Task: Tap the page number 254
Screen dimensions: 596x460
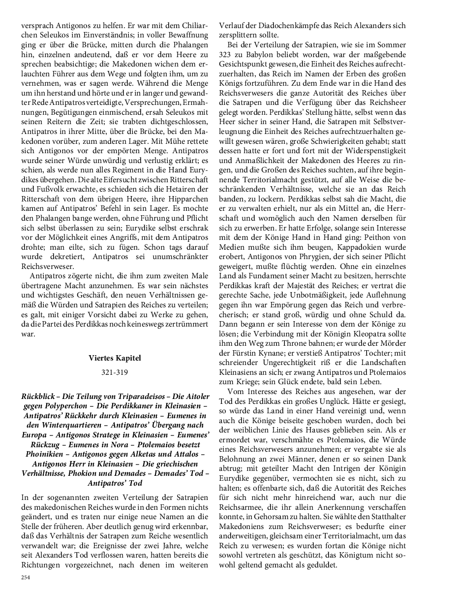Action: (26, 577)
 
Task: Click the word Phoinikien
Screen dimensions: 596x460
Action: (45, 455)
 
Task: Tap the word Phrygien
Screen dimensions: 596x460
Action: (314, 257)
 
